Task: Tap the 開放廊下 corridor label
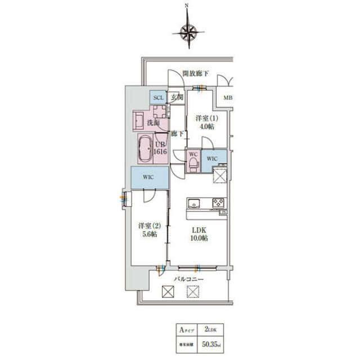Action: [195, 73]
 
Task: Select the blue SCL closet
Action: [158, 97]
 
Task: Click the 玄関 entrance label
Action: [177, 97]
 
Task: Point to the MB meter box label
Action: [228, 99]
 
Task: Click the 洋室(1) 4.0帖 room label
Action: [204, 123]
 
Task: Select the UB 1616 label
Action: [160, 148]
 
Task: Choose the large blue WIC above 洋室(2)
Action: [148, 178]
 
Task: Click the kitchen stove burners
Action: [218, 203]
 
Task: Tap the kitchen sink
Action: [193, 202]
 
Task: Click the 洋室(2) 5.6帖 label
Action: [148, 230]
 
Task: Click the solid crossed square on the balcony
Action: [167, 291]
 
